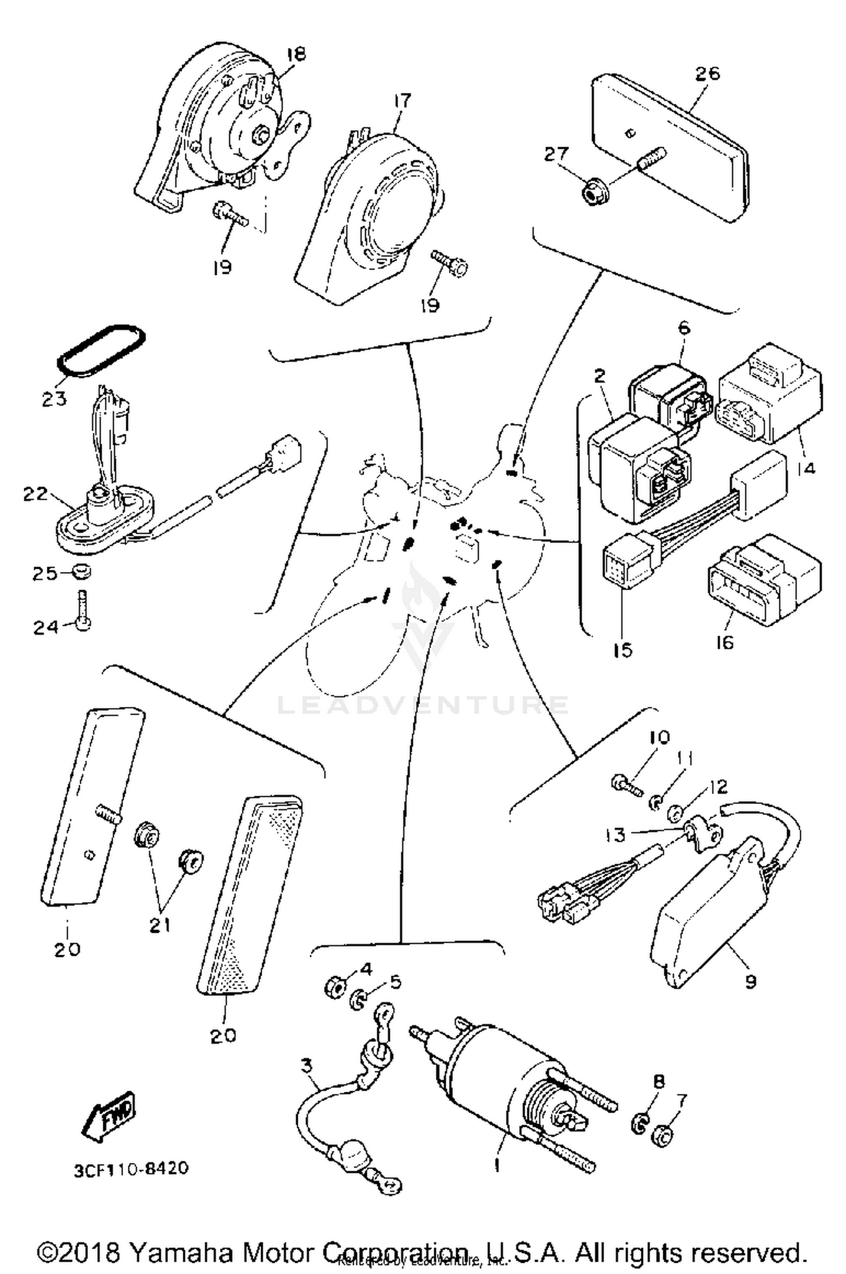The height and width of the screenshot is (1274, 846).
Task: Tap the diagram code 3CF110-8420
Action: [x=131, y=1167]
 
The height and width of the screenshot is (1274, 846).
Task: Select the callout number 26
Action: [x=707, y=74]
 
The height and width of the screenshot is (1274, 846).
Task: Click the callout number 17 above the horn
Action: [x=402, y=102]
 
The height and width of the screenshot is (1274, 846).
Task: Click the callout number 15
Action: [x=623, y=650]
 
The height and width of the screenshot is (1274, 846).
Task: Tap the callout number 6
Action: [x=684, y=328]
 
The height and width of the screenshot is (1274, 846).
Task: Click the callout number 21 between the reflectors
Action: [x=160, y=925]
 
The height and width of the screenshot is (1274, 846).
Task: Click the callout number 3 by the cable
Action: [x=306, y=1066]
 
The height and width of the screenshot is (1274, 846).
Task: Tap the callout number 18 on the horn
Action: [x=296, y=54]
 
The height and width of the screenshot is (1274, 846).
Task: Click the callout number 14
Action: [x=807, y=467]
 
